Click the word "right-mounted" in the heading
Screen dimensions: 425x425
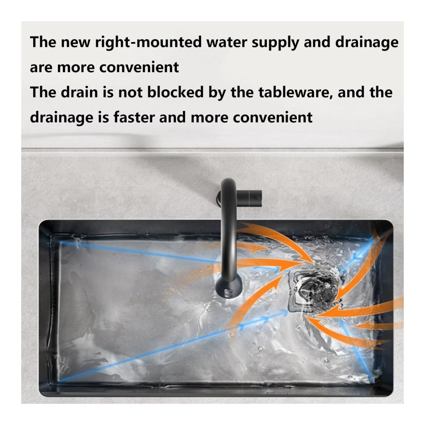pyautogui.click(x=148, y=43)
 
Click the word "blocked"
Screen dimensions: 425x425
pyautogui.click(x=175, y=92)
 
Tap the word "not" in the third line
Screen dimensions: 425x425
pyautogui.click(x=130, y=93)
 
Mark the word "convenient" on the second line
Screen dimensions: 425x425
pyautogui.click(x=139, y=68)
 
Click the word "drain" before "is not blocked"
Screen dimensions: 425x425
pyautogui.click(x=79, y=92)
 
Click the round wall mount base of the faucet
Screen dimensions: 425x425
pyautogui.click(x=220, y=198)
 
